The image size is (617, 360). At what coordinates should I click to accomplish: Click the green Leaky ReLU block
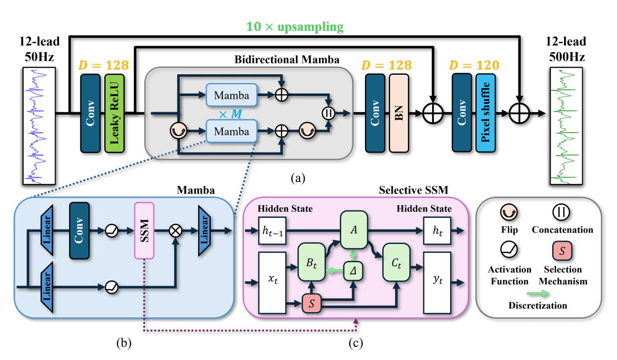115,113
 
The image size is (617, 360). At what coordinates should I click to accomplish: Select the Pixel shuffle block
486,113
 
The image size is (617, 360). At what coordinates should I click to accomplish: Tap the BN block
399,113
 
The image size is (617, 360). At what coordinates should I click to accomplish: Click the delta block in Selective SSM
354,271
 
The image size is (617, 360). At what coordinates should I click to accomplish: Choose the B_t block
312,262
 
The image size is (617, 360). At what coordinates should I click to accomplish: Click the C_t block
396,262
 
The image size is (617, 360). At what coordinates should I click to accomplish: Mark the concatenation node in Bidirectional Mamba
328,113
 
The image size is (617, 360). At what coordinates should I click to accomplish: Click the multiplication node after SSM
176,231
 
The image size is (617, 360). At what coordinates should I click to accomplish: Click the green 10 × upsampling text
295,27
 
